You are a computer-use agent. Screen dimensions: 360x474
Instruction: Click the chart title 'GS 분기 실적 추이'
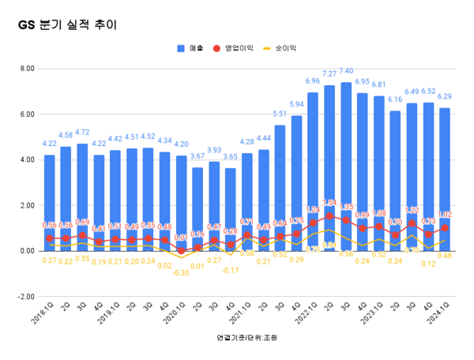tap(67, 24)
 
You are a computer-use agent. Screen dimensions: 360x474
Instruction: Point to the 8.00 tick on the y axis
tap(27, 69)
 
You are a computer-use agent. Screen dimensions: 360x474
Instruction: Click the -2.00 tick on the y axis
tap(26, 297)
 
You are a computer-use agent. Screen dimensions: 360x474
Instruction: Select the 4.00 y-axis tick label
tap(27, 160)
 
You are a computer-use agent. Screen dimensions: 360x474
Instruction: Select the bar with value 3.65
tap(230, 209)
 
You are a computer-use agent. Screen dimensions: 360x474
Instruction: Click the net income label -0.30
tap(181, 273)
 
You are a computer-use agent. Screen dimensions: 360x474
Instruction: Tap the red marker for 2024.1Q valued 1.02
tap(445, 227)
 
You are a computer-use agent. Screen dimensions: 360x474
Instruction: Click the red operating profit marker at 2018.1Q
tap(49, 238)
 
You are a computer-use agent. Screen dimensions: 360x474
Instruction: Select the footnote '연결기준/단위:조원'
tap(246, 338)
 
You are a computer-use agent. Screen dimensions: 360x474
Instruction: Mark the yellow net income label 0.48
tap(444, 255)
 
